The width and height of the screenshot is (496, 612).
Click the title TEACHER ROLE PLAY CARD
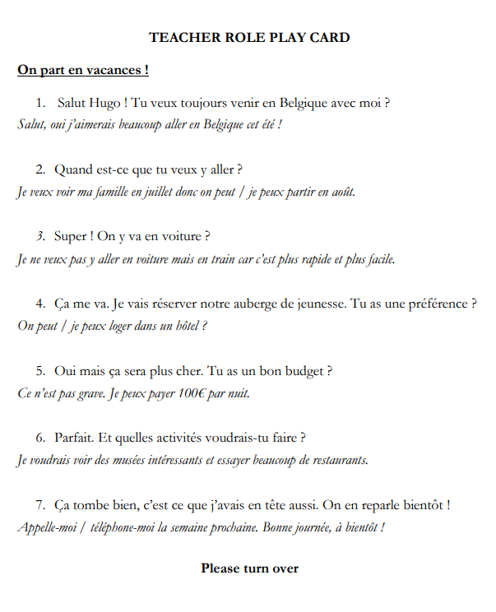click(249, 38)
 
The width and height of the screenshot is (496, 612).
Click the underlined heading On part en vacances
click(82, 70)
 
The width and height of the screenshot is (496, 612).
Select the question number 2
click(40, 170)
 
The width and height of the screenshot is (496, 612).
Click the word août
click(341, 192)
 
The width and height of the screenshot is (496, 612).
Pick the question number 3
click(40, 237)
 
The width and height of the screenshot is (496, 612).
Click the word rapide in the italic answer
click(318, 259)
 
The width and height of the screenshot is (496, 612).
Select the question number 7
click(40, 504)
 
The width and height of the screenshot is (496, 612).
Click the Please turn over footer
click(249, 568)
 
